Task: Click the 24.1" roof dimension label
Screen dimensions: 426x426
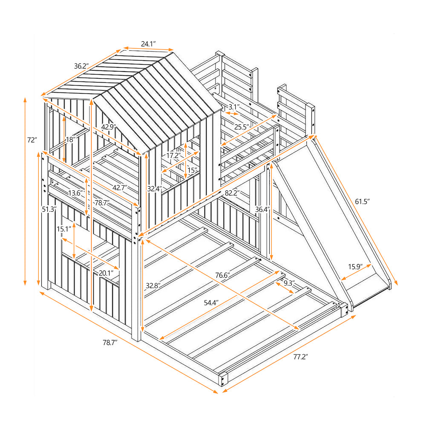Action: [149, 43]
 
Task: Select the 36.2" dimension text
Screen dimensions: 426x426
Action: [81, 66]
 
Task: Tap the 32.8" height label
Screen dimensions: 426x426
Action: [153, 286]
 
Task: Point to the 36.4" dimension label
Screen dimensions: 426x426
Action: [262, 209]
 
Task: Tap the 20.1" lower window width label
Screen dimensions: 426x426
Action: [106, 273]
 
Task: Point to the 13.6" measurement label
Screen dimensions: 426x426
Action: [76, 193]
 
